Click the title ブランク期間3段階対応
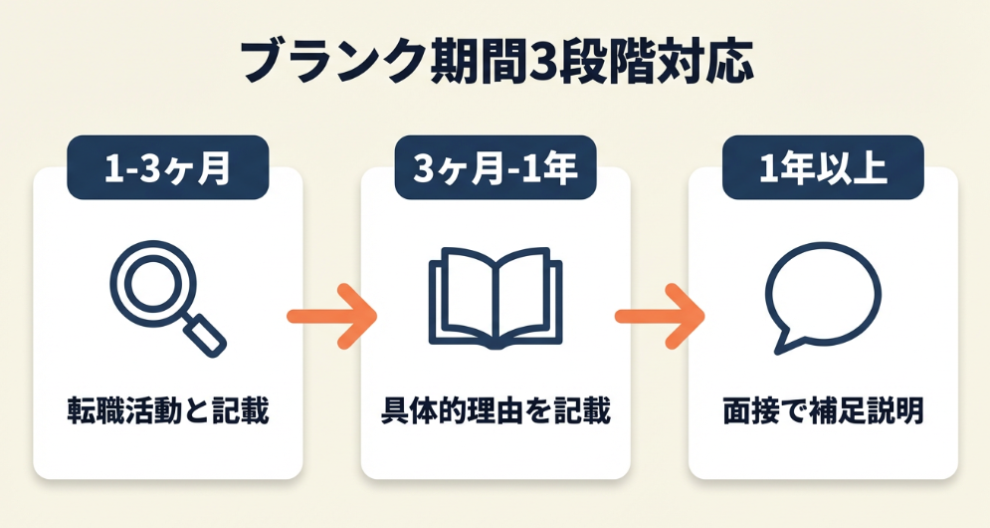pyautogui.click(x=495, y=62)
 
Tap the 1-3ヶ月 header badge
pyautogui.click(x=167, y=167)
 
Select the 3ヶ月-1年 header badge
pyautogui.click(x=495, y=167)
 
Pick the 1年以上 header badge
pyautogui.click(x=823, y=167)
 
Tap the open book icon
pyautogui.click(x=495, y=298)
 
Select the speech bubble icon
pyautogui.click(x=822, y=297)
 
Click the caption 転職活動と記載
pyautogui.click(x=168, y=411)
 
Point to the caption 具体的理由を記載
pyautogui.click(x=495, y=411)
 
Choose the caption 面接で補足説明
pyautogui.click(x=823, y=411)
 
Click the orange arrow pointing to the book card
pyautogui.click(x=331, y=317)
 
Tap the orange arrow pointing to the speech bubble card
pyautogui.click(x=659, y=317)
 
